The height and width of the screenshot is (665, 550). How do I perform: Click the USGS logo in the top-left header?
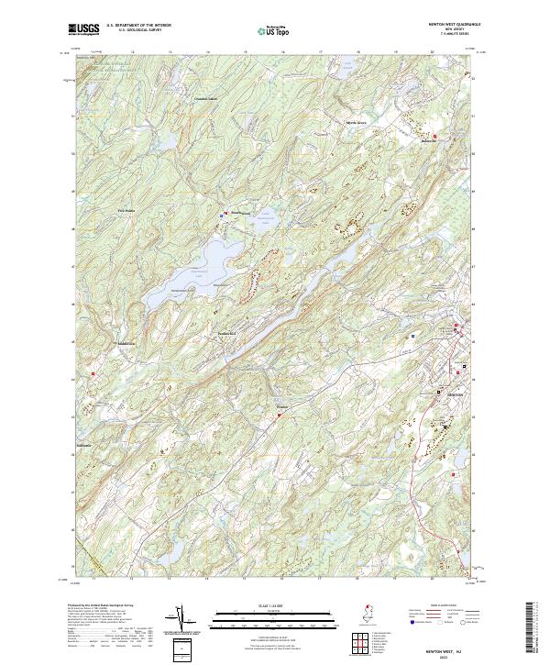click(85, 30)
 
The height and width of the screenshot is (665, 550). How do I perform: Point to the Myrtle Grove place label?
click(330, 121)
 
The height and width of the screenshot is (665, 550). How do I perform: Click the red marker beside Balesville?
click(434, 138)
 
